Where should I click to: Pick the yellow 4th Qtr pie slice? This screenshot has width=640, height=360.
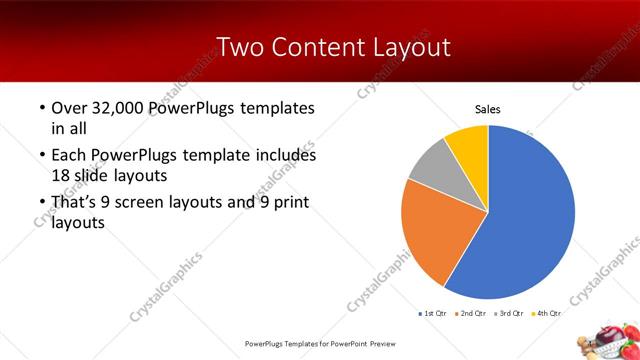(468, 144)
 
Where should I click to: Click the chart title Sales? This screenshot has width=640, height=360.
(487, 109)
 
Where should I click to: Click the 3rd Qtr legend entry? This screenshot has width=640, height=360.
(510, 313)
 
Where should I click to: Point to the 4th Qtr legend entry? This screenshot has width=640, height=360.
(547, 313)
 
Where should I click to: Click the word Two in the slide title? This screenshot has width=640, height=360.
(239, 46)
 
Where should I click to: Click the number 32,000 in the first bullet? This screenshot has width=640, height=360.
(120, 108)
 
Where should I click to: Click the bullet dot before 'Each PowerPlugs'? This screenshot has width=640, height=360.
(40, 156)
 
